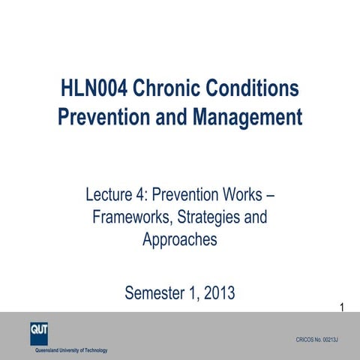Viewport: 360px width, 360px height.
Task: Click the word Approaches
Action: (180, 239)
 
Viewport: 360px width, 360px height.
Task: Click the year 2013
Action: (217, 292)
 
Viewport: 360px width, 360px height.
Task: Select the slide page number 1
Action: (342, 307)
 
